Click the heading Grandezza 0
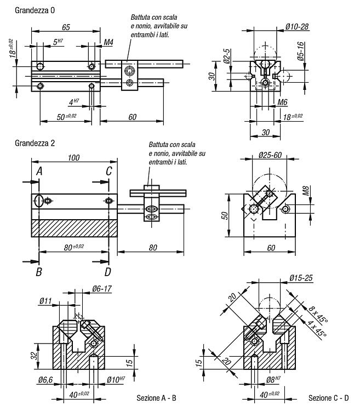[x=35, y=10]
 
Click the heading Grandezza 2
[x=35, y=143]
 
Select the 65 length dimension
[x=66, y=27]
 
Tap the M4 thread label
[x=108, y=42]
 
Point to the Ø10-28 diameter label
[x=297, y=26]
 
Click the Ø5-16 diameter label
[x=300, y=52]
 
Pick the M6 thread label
[x=282, y=102]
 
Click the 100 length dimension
[x=73, y=157]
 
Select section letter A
[x=39, y=171]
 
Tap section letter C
[x=109, y=171]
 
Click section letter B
[x=39, y=272]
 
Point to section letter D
[x=108, y=272]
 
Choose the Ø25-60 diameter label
[x=270, y=155]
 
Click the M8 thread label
[x=306, y=191]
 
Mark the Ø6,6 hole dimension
[x=45, y=380]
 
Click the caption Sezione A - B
[x=156, y=398]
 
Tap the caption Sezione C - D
[x=329, y=398]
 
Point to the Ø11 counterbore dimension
[x=45, y=301]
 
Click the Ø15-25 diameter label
[x=301, y=278]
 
